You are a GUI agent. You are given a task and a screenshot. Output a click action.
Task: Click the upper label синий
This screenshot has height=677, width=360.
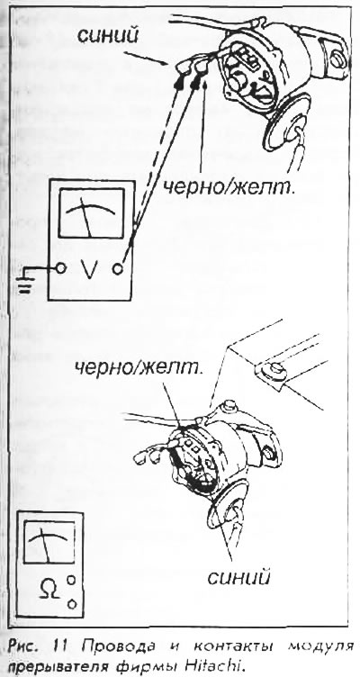[108, 36]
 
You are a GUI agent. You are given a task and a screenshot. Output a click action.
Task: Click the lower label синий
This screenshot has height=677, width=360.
[238, 577]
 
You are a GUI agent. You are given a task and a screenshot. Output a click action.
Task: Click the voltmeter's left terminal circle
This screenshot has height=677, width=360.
[61, 268]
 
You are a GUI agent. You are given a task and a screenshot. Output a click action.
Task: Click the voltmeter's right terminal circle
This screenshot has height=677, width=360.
[118, 269]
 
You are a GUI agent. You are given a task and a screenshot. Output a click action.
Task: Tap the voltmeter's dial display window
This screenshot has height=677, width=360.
[91, 213]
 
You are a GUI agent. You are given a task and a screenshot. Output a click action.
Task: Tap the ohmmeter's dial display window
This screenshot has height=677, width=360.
[49, 542]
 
